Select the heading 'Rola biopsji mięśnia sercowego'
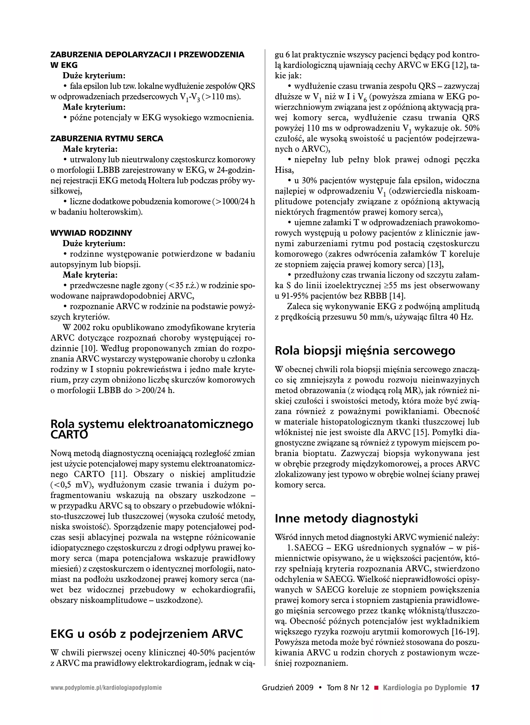(365, 350)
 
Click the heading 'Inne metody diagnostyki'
(346, 519)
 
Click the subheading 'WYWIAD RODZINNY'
(91, 233)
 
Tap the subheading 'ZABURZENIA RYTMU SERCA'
(107, 139)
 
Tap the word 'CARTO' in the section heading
(69, 435)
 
